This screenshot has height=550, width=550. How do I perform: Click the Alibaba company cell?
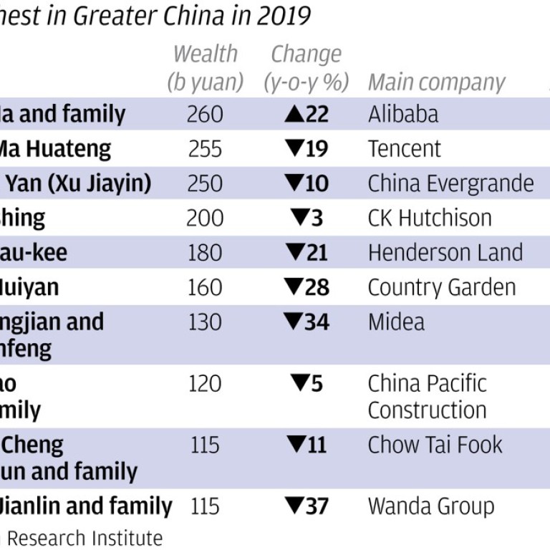pyautogui.click(x=403, y=114)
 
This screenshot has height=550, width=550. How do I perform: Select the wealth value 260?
pyautogui.click(x=205, y=114)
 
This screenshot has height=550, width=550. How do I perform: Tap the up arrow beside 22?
pyautogui.click(x=295, y=114)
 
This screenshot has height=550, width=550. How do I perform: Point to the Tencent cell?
pyautogui.click(x=405, y=149)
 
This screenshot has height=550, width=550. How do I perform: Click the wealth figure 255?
pyautogui.click(x=205, y=149)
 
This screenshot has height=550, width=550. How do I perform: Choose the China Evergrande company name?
pyautogui.click(x=450, y=183)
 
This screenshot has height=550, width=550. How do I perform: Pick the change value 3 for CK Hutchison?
pyautogui.click(x=317, y=218)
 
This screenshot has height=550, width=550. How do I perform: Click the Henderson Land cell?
pyautogui.click(x=445, y=253)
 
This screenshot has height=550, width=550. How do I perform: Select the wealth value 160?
pyautogui.click(x=205, y=287)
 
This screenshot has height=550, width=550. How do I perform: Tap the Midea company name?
pyautogui.click(x=396, y=322)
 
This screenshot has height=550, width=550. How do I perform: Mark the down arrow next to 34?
pyautogui.click(x=294, y=322)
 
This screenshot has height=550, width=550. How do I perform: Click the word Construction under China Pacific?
pyautogui.click(x=427, y=410)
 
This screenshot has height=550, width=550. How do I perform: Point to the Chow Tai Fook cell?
pyautogui.click(x=435, y=445)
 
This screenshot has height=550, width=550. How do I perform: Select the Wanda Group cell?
pyautogui.click(x=430, y=506)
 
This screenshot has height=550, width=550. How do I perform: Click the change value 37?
pyautogui.click(x=317, y=506)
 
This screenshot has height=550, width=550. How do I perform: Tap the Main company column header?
pyautogui.click(x=436, y=82)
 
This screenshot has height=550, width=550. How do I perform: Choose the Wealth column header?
pyautogui.click(x=206, y=54)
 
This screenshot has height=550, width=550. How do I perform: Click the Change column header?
pyautogui.click(x=306, y=54)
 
